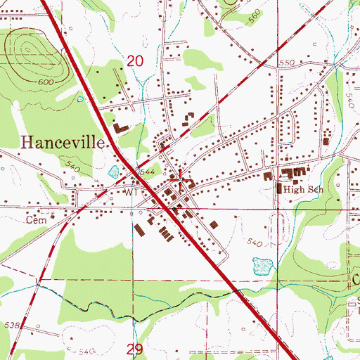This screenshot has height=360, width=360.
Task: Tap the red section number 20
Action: pos(136,63)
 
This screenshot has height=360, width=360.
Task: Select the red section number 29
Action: pos(136,349)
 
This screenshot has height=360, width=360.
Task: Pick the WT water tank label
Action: pos(131,191)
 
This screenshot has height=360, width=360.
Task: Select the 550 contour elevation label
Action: pos(286,63)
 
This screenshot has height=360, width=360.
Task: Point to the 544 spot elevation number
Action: pos(146,171)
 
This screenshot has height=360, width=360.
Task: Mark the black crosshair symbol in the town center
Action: pos(181,181)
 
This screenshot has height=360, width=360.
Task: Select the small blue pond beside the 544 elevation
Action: pos(112,171)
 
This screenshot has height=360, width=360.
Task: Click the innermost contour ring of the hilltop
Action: pos(29,49)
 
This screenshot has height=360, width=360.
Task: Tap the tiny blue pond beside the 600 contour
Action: pos(82,98)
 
